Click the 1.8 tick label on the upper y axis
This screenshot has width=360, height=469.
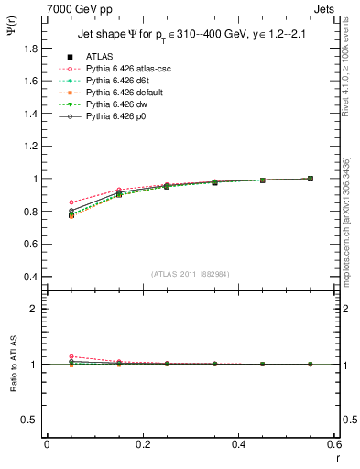pos(30,49)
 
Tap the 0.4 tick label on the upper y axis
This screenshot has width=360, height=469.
pos(30,277)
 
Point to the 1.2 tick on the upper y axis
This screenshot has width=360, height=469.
pos(30,147)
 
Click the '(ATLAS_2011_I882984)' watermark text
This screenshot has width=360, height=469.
pos(190,274)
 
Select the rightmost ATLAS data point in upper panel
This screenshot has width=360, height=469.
pos(311,179)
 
